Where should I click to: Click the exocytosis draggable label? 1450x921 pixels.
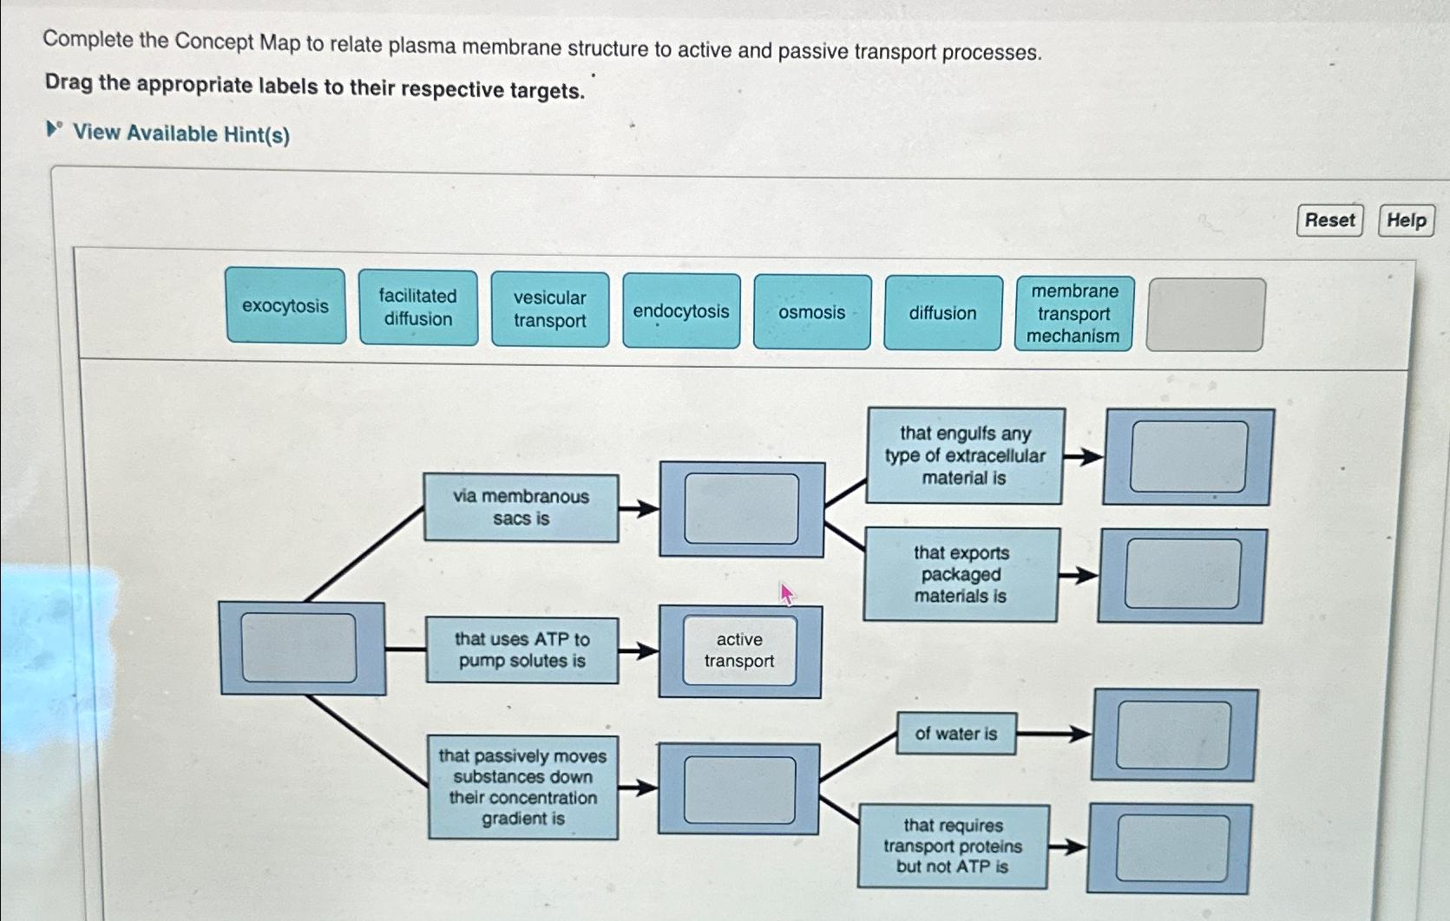click(x=285, y=306)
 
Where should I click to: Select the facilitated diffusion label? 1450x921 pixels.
click(x=418, y=308)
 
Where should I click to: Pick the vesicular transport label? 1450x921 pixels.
click(x=550, y=310)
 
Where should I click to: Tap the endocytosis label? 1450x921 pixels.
click(x=681, y=311)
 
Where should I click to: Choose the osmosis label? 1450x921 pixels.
click(x=812, y=312)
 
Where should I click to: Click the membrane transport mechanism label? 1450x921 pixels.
click(x=1074, y=314)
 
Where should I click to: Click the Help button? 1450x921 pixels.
click(x=1406, y=220)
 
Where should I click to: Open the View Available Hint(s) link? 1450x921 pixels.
click(x=180, y=134)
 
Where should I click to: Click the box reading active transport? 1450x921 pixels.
click(x=739, y=650)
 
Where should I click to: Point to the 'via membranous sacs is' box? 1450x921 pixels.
click(x=521, y=507)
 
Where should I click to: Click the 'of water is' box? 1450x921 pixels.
click(x=955, y=734)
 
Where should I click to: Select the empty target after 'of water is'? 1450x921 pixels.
click(x=1173, y=735)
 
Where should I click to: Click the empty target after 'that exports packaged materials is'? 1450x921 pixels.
click(x=1182, y=574)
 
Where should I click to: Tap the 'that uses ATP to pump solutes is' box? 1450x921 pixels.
click(x=522, y=650)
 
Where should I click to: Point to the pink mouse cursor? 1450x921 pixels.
click(x=785, y=593)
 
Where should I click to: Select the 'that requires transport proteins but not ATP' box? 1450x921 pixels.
click(x=953, y=846)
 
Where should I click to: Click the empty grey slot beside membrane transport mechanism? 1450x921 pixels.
click(x=1205, y=315)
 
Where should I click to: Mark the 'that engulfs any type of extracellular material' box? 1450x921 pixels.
click(x=965, y=455)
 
